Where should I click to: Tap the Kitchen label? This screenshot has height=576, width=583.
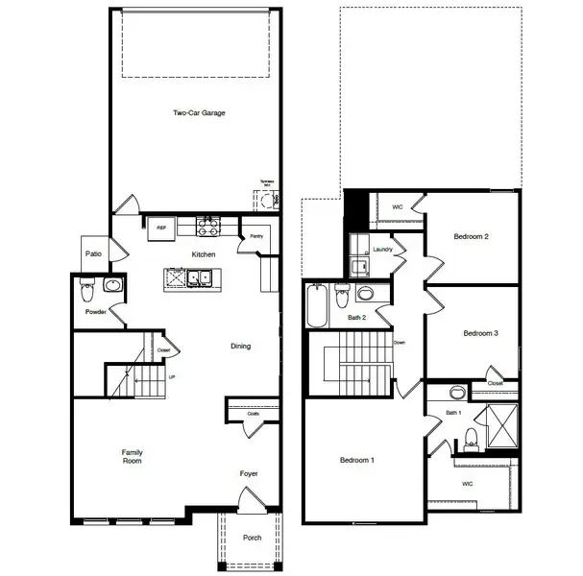pyautogui.click(x=203, y=254)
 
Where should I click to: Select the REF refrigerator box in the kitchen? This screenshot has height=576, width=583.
pyautogui.click(x=160, y=228)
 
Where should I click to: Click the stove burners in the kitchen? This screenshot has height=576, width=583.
pyautogui.click(x=207, y=227)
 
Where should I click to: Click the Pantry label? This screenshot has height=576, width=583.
pyautogui.click(x=256, y=235)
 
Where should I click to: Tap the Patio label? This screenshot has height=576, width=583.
pyautogui.click(x=93, y=254)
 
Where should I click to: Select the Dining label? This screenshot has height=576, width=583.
pyautogui.click(x=240, y=347)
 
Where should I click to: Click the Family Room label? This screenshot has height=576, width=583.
pyautogui.click(x=132, y=456)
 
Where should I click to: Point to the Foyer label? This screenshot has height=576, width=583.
pyautogui.click(x=249, y=473)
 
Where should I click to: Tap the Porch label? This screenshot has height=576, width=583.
pyautogui.click(x=252, y=538)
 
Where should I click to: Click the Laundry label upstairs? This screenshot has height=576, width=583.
pyautogui.click(x=382, y=250)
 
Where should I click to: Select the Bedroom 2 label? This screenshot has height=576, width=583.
pyautogui.click(x=472, y=236)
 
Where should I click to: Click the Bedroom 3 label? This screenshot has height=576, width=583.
pyautogui.click(x=480, y=334)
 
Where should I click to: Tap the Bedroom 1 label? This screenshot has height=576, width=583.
pyautogui.click(x=357, y=461)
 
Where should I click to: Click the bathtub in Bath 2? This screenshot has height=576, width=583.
pyautogui.click(x=317, y=304)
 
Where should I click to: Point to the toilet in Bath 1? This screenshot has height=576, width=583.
pyautogui.click(x=471, y=440)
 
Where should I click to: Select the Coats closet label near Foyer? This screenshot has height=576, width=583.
pyautogui.click(x=253, y=414)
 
